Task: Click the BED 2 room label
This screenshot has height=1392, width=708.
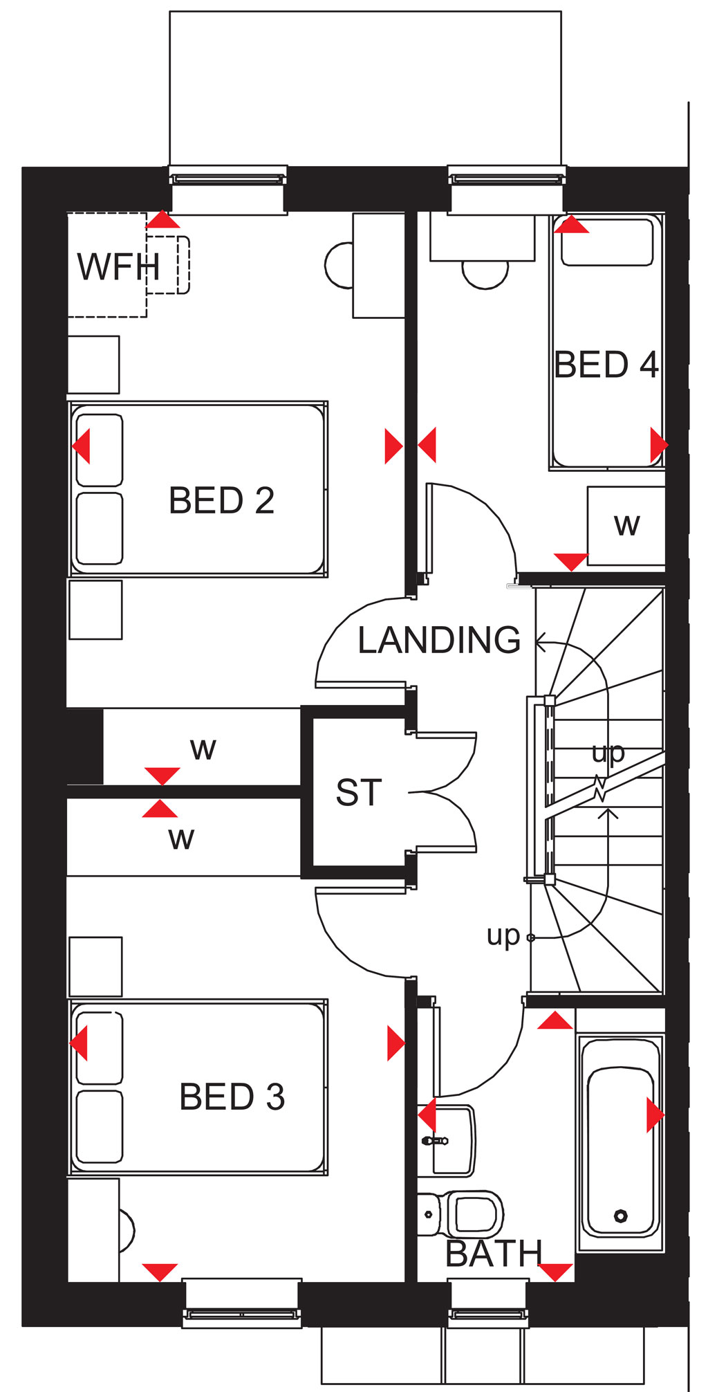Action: pos(221,500)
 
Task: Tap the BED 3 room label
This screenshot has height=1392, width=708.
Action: pos(232,1097)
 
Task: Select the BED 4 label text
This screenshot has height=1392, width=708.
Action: pos(606,365)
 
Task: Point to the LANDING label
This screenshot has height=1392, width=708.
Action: pos(439,640)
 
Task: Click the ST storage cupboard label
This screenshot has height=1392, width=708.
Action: pos(359,793)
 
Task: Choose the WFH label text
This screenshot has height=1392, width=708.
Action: pos(118,267)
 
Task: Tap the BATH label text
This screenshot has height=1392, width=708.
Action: pos(494,1254)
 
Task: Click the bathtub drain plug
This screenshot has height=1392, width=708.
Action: pos(620,1216)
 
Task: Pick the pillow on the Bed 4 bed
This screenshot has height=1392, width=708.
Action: pos(607,241)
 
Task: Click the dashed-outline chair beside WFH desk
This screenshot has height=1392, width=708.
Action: pos(168,265)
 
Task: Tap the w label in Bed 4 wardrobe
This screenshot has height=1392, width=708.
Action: pos(626,525)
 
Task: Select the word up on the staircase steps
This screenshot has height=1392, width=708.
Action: pos(608,753)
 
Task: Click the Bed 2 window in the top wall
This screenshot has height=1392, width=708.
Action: pos(228,178)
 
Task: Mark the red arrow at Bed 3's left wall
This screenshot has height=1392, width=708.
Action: pos(80,1043)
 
